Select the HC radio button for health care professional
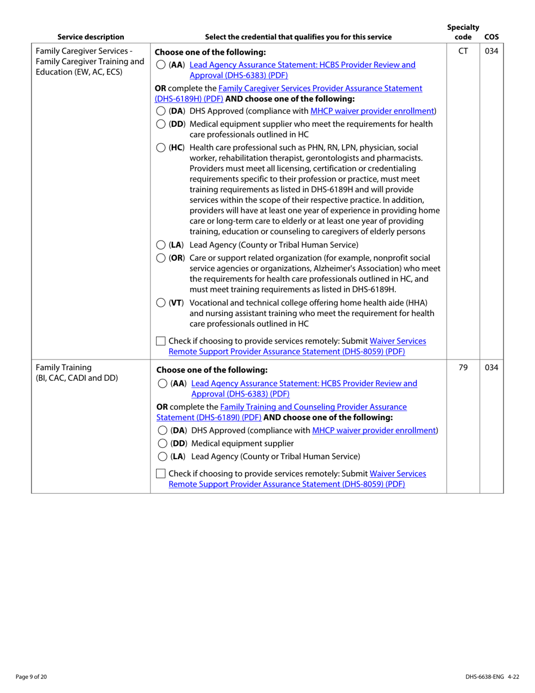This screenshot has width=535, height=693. click(x=160, y=148)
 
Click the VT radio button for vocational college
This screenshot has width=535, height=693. click(x=160, y=304)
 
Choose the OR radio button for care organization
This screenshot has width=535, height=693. click(x=160, y=259)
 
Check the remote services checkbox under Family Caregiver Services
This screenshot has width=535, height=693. click(x=161, y=341)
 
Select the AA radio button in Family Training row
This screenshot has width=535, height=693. click(x=160, y=384)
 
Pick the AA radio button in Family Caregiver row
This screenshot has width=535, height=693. click(x=160, y=65)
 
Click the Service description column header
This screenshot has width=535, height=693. click(x=91, y=38)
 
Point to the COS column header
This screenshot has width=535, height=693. click(x=491, y=38)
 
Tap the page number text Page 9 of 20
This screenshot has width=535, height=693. click(x=32, y=676)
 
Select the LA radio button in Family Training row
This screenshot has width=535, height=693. click(x=160, y=456)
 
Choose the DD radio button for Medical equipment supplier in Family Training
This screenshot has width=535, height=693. click(x=160, y=443)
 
